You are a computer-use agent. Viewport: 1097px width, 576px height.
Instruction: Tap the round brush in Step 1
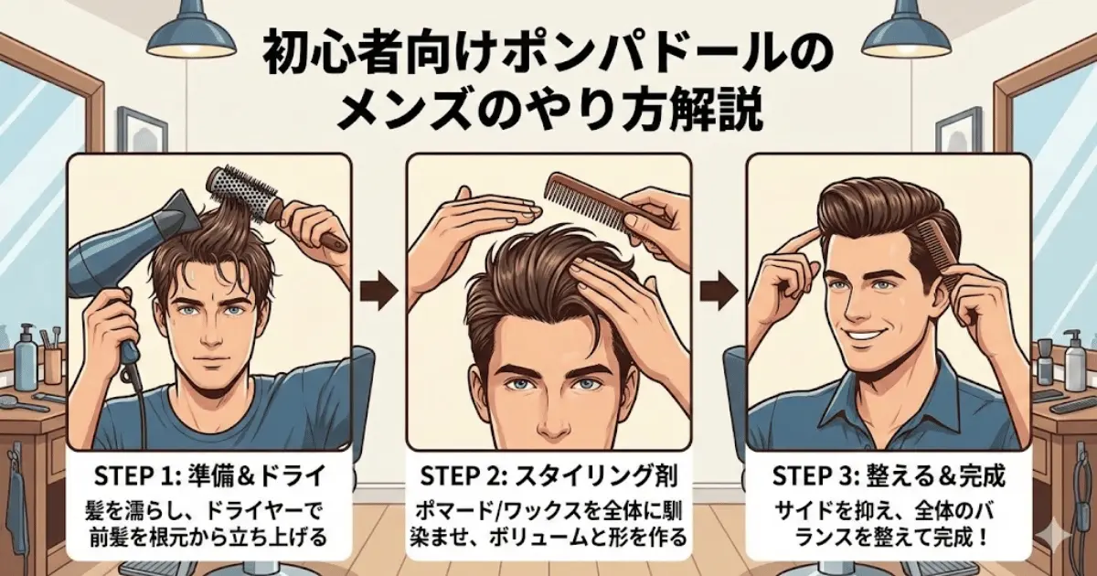coord(240,193)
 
